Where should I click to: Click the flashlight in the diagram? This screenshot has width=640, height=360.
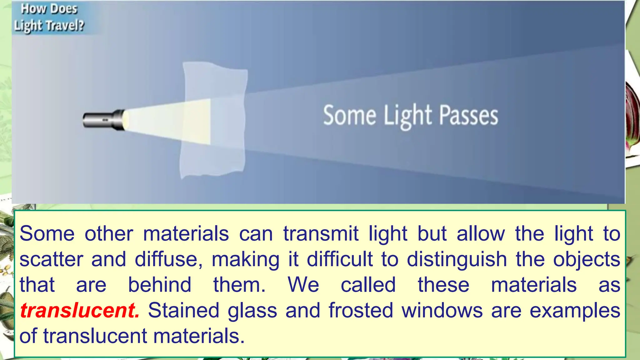103,120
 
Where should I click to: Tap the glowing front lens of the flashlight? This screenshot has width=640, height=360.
126,120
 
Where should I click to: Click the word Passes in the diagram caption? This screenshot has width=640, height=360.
468,116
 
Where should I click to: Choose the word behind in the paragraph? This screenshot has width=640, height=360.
160,285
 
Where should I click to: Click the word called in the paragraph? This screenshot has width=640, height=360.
368,285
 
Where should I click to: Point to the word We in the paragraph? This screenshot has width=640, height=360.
303,285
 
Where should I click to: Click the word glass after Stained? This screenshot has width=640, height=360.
252,311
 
